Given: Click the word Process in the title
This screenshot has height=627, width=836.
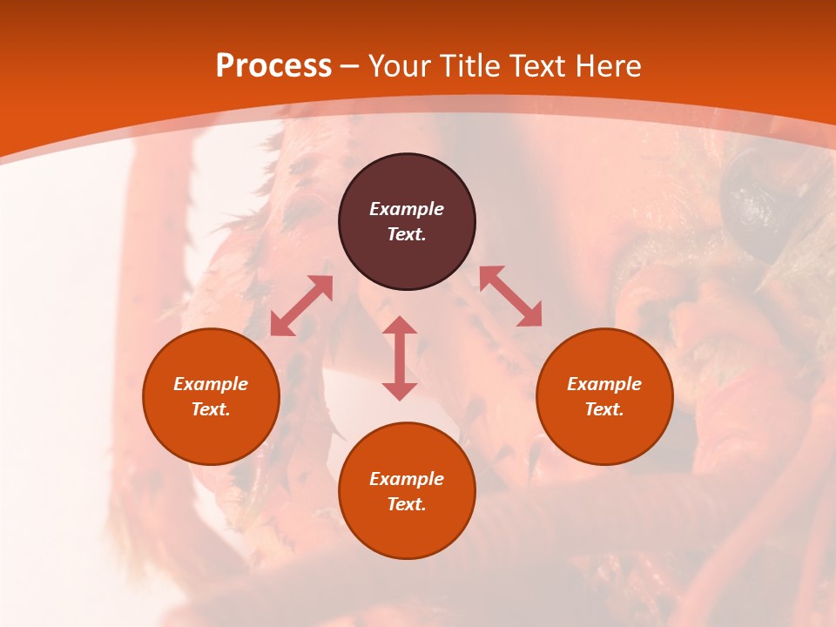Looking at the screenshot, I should tap(273, 66).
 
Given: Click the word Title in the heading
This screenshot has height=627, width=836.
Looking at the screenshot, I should tap(470, 66).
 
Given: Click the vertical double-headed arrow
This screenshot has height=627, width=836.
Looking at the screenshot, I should tap(400, 358).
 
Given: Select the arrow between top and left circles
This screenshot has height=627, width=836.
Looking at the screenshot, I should tap(301, 306).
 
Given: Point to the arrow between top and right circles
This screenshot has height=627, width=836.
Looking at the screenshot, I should tap(510, 296).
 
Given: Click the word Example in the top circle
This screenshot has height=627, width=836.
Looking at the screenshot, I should tap(407, 209).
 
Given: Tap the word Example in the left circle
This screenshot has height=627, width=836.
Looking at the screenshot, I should tap(211, 384).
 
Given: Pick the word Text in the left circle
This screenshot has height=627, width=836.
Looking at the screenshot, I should tap(211, 409).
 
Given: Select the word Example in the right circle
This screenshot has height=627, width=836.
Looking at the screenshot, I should tap(604, 384).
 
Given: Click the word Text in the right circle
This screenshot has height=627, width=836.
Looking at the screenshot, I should tap(604, 409).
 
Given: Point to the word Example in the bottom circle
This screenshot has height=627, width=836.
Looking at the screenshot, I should tap(407, 479).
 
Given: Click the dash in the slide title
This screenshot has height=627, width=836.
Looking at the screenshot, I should tap(350, 67).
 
